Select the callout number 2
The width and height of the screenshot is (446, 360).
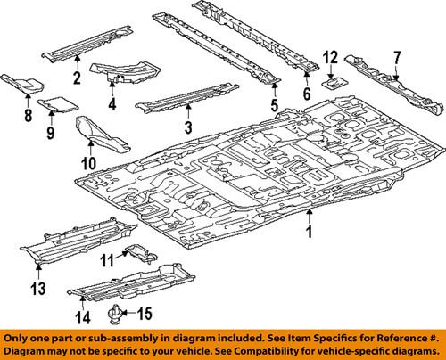(77, 78)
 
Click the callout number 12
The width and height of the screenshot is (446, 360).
(329, 58)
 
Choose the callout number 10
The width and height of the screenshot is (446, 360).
(88, 163)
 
